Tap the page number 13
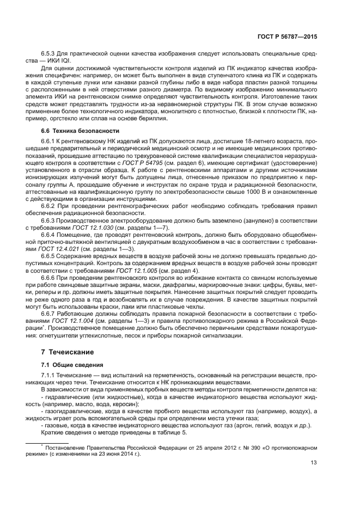tap(314, 464)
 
